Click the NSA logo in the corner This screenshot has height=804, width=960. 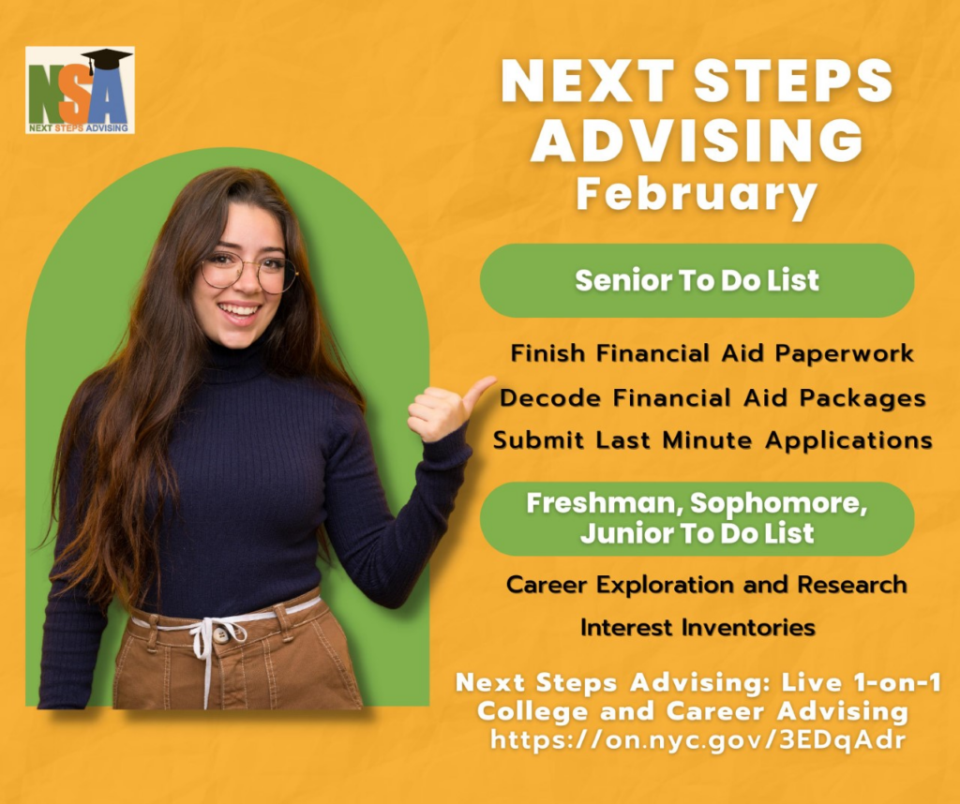(81, 90)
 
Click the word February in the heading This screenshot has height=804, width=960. (697, 195)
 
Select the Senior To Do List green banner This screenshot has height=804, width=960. (697, 280)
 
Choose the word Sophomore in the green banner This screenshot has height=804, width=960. (779, 503)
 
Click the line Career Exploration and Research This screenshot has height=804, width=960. (707, 585)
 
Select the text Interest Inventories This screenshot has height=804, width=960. (697, 628)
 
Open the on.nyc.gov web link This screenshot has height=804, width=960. (697, 740)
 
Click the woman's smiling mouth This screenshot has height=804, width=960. (239, 311)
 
